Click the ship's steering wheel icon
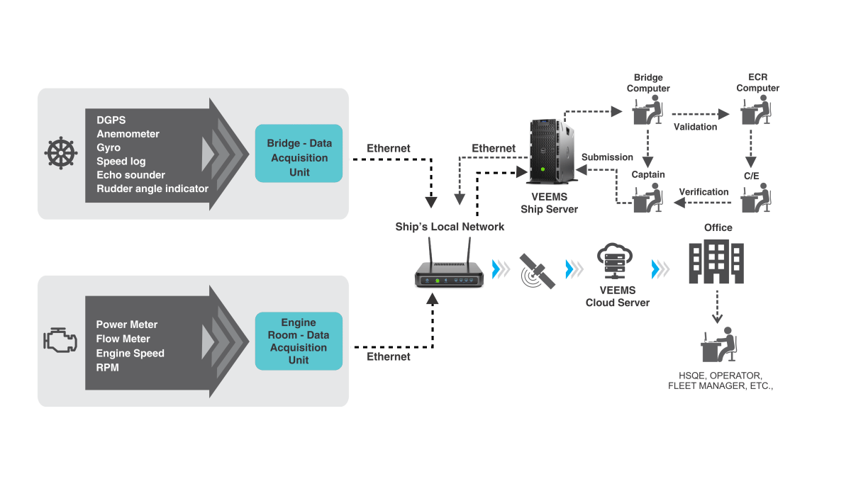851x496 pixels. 61,153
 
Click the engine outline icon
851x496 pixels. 60,340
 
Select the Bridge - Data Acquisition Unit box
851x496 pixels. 299,153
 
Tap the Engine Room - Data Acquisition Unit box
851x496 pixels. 299,341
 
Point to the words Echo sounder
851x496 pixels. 130,175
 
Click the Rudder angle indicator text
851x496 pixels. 152,188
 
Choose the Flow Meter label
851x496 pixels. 123,339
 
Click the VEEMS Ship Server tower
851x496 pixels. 550,152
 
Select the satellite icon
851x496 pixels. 537,271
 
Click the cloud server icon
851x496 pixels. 615,261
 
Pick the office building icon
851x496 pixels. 716,261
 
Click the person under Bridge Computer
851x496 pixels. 647,110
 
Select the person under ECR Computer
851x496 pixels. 756,110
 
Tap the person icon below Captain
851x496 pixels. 647,198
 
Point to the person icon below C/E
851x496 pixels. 756,198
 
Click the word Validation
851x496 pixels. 695,127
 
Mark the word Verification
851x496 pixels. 703,191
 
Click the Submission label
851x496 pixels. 607,157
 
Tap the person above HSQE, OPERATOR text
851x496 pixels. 719,344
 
